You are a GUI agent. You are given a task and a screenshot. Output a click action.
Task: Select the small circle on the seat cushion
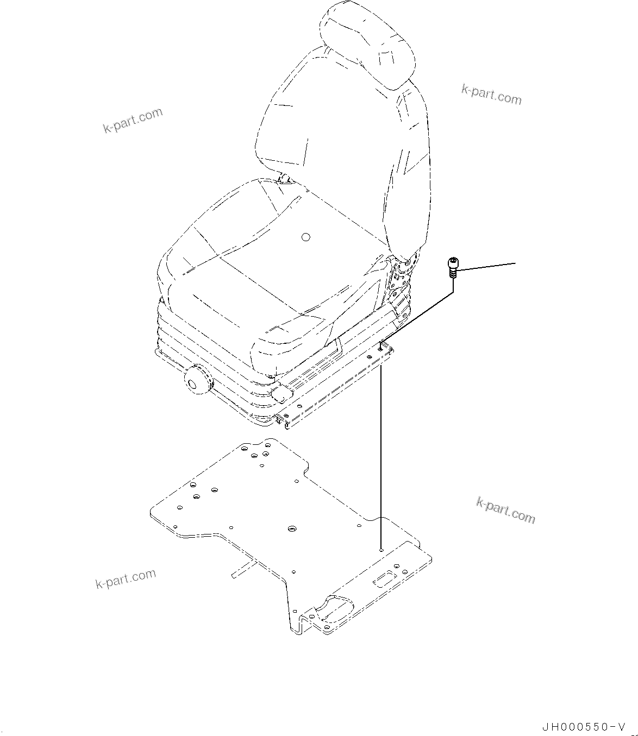pyautogui.click(x=305, y=237)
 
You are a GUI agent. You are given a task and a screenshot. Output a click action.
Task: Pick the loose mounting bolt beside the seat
pyautogui.click(x=452, y=267)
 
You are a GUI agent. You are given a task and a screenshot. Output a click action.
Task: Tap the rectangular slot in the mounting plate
pyautogui.click(x=384, y=582)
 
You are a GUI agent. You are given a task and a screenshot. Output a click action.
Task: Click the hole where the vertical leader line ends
pyautogui.click(x=382, y=550)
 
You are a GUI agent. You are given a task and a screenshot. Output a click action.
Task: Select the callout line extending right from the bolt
pyautogui.click(x=486, y=266)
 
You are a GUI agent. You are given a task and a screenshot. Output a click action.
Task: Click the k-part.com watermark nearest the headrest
pyautogui.click(x=491, y=95)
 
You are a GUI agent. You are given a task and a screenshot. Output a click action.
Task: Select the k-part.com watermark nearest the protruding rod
pyautogui.click(x=126, y=579)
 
